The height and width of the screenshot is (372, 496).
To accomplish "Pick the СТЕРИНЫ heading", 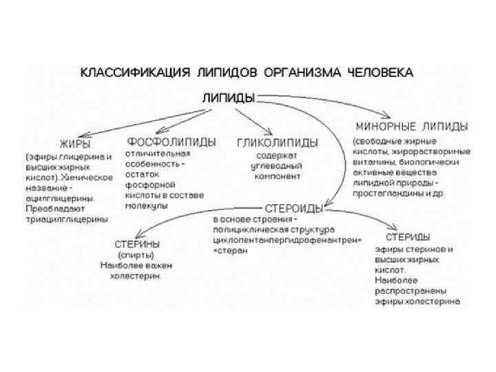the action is tap(138, 244).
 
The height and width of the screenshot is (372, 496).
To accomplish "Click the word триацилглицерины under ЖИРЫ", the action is tap(66, 218).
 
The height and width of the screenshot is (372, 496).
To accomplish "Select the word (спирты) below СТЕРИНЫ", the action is tap(138, 255).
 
